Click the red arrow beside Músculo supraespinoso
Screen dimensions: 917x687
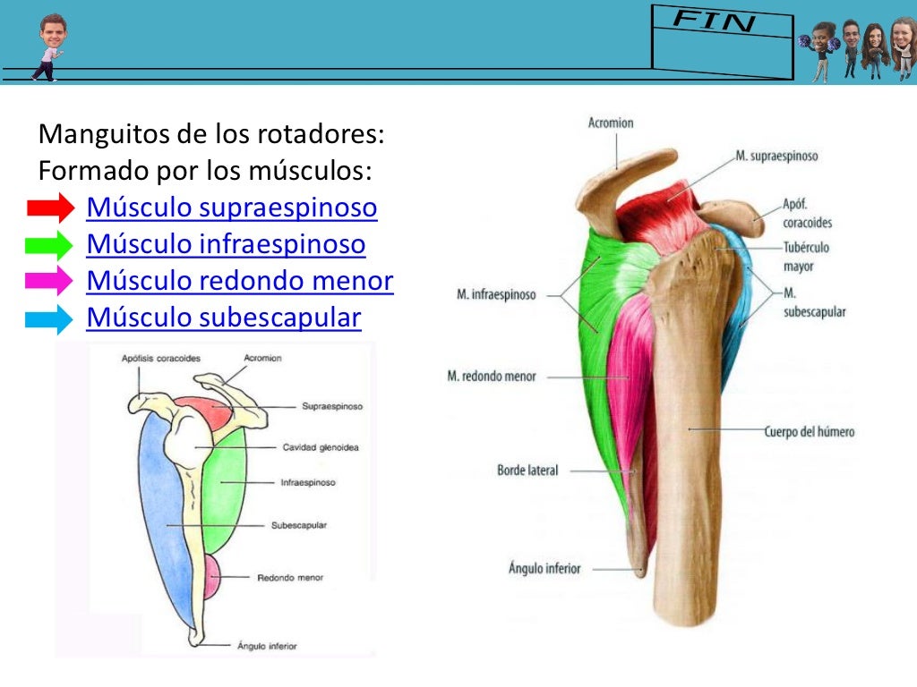[x=50, y=208]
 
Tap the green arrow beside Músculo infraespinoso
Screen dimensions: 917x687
[x=50, y=245]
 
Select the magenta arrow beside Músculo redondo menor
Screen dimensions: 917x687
[x=50, y=281]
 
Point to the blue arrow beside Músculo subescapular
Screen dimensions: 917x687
[x=50, y=318]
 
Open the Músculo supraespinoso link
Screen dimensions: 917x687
[x=231, y=208]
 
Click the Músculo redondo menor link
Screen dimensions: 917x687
[x=239, y=281]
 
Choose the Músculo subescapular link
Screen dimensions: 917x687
[x=223, y=318]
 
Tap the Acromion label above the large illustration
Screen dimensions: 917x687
[x=610, y=123]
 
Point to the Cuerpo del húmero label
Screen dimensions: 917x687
[x=809, y=432]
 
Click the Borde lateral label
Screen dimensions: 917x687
[x=527, y=470]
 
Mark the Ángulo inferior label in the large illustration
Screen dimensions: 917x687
[x=544, y=568]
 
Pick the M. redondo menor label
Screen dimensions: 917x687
[x=492, y=377]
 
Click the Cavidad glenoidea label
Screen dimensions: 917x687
[x=320, y=447]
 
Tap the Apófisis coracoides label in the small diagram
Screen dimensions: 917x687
[x=161, y=358]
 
